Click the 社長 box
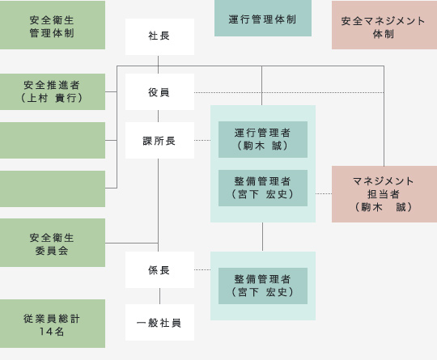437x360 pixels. click(159, 36)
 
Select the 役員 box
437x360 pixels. click(159, 91)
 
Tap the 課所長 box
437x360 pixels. click(159, 140)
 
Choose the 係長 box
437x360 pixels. click(159, 269)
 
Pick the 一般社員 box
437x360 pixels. click(159, 323)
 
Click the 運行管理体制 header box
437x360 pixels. click(263, 18)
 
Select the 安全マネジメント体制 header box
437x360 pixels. click(384, 25)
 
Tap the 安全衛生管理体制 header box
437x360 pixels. click(53, 25)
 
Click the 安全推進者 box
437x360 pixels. click(53, 91)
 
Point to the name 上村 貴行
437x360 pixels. click(52, 98)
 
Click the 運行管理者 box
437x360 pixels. click(263, 139)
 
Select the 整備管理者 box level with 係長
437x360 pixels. click(263, 286)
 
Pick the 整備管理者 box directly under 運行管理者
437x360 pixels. click(263, 188)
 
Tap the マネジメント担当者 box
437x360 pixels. click(384, 194)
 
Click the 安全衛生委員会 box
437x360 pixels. click(53, 243)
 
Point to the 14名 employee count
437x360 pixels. click(52, 332)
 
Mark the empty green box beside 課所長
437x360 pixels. click(53, 140)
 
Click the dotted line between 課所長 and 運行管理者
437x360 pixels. click(202, 140)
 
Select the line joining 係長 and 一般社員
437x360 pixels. click(159, 296)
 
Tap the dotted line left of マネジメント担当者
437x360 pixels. click(324, 193)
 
